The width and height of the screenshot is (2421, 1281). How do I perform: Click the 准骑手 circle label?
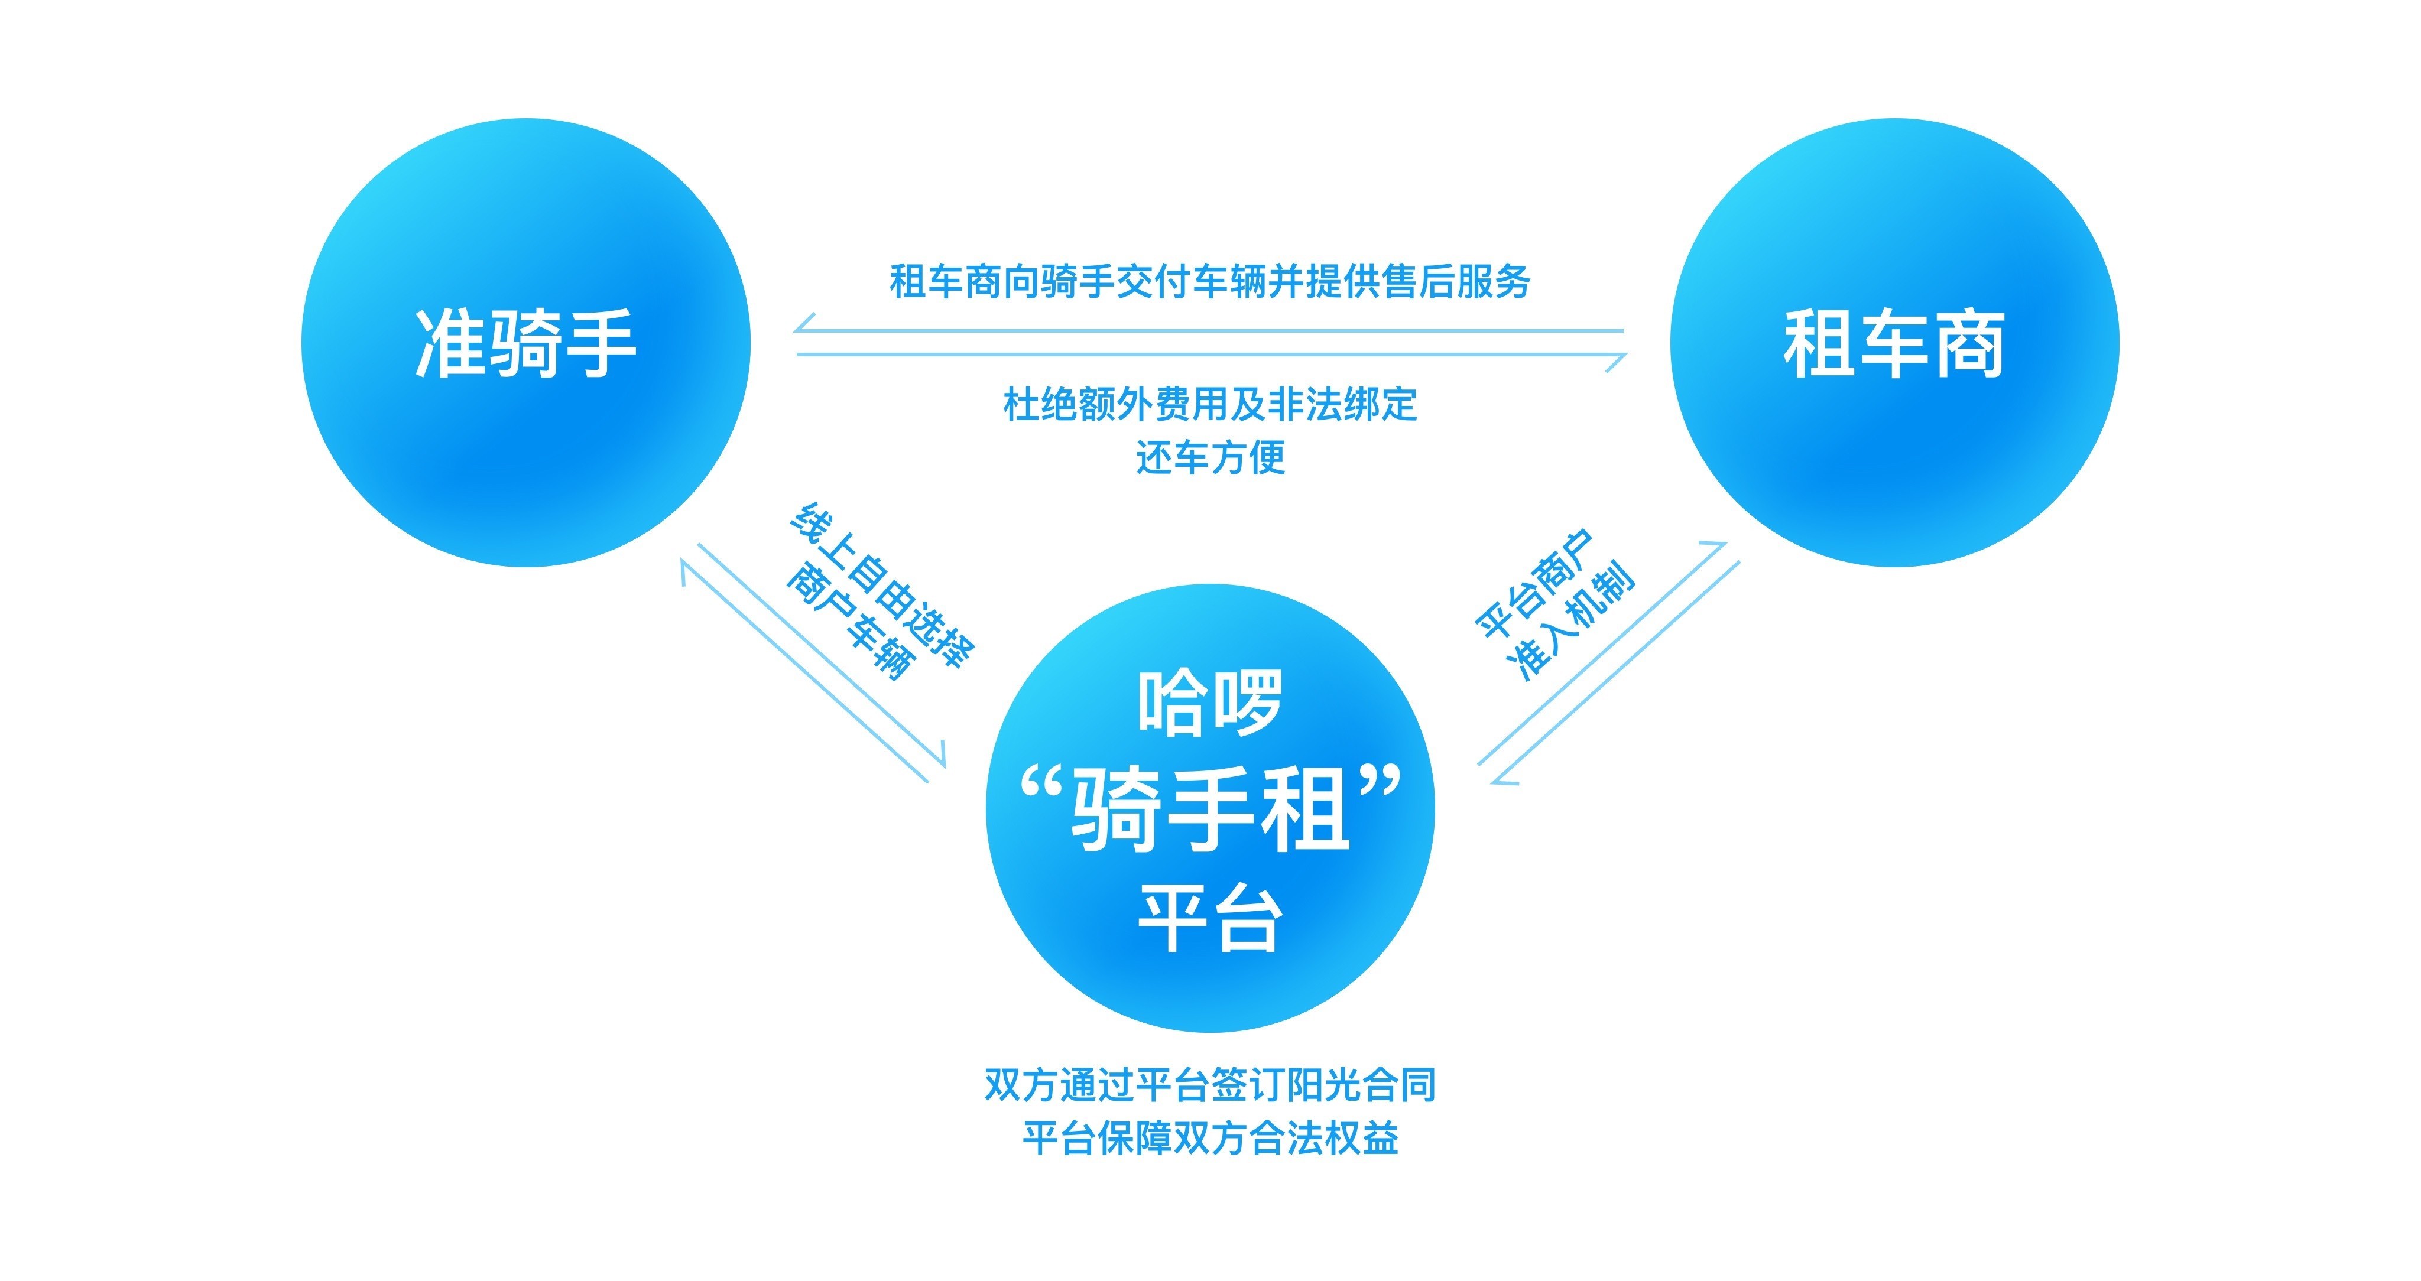(x=525, y=344)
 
